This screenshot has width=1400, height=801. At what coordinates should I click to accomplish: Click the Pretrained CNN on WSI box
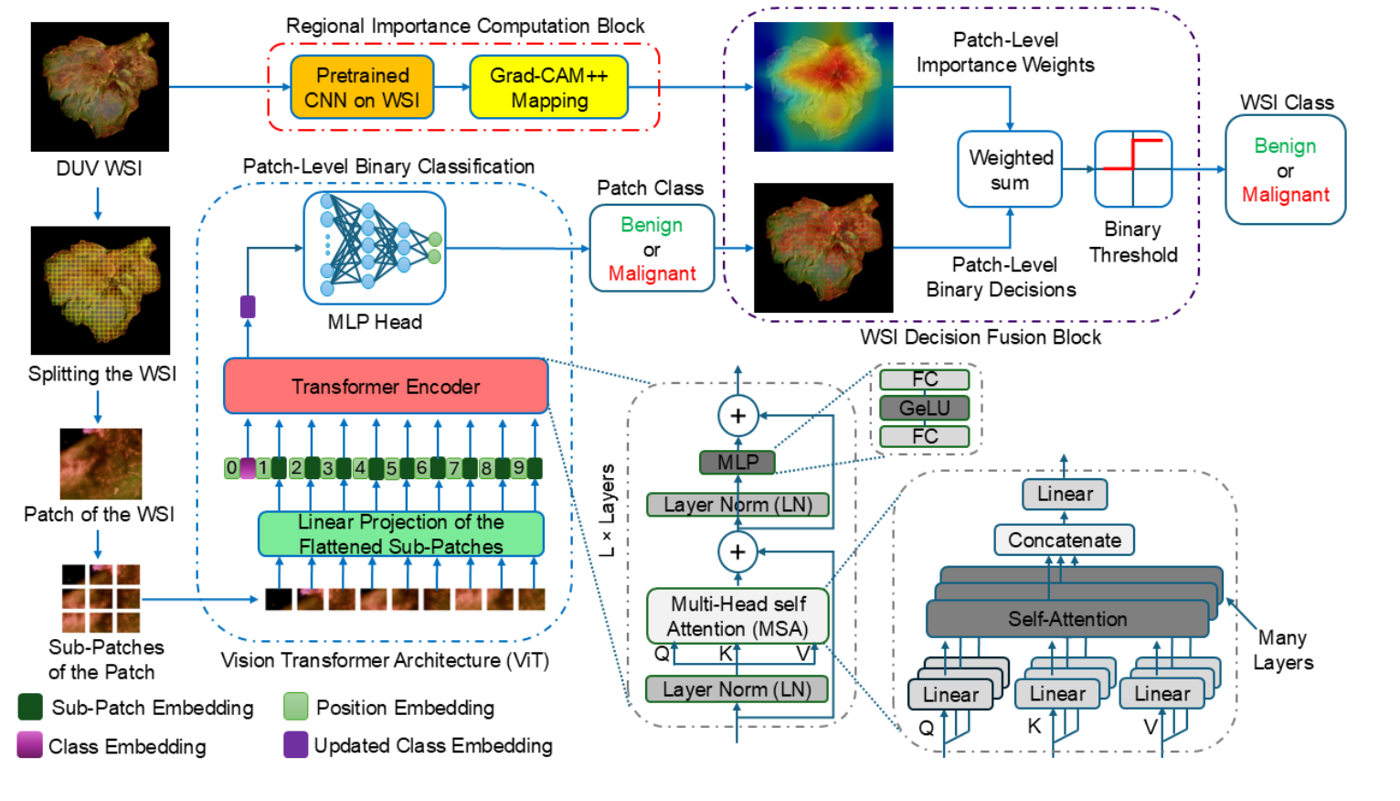click(362, 88)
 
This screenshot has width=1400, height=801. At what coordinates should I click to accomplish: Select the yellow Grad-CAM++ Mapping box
click(548, 88)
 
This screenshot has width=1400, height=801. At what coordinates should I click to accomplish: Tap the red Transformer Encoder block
click(386, 386)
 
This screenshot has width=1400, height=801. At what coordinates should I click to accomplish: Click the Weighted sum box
click(1010, 169)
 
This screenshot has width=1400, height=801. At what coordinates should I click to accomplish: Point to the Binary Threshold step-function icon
click(1133, 169)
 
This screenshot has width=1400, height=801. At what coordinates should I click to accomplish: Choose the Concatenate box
click(1064, 539)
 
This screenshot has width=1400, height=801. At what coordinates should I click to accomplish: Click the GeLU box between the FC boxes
click(924, 408)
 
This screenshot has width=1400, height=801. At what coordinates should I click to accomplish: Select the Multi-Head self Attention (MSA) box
click(737, 616)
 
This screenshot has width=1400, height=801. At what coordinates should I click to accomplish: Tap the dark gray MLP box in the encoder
click(737, 462)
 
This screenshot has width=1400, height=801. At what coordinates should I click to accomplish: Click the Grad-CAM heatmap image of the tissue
click(823, 87)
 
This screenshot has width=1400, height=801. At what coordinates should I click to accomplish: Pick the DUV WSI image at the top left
click(100, 87)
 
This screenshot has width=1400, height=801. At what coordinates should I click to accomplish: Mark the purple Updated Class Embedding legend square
click(295, 745)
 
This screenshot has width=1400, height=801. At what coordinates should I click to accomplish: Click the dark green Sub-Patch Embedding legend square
click(30, 707)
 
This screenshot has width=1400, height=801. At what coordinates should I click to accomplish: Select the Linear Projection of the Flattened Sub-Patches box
click(401, 534)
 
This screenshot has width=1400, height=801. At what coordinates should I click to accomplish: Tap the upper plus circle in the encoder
click(737, 416)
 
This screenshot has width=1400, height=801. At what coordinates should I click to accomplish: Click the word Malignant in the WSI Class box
click(1285, 195)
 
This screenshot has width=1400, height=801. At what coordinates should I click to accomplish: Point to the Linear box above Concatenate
click(1065, 494)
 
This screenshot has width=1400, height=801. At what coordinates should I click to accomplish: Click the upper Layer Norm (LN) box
click(737, 505)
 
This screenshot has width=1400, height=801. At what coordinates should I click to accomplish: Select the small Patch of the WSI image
click(101, 464)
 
